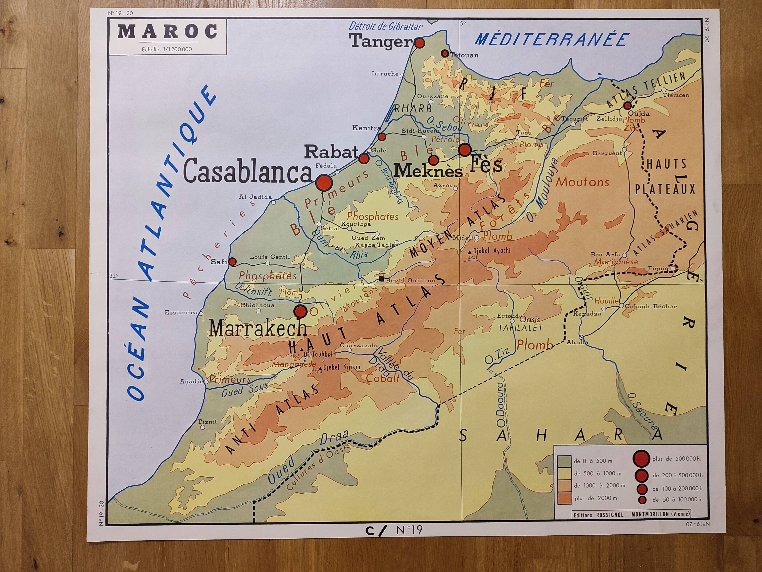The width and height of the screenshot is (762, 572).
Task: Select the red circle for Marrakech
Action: (x=300, y=311)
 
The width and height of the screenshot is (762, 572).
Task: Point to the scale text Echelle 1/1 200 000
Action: (x=167, y=49)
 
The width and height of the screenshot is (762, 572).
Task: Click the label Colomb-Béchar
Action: (x=650, y=306)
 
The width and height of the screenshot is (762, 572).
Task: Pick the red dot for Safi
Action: (x=233, y=262)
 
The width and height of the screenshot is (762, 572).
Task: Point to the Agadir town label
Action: (x=191, y=381)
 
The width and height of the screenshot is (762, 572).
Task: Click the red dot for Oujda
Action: (x=628, y=105)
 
